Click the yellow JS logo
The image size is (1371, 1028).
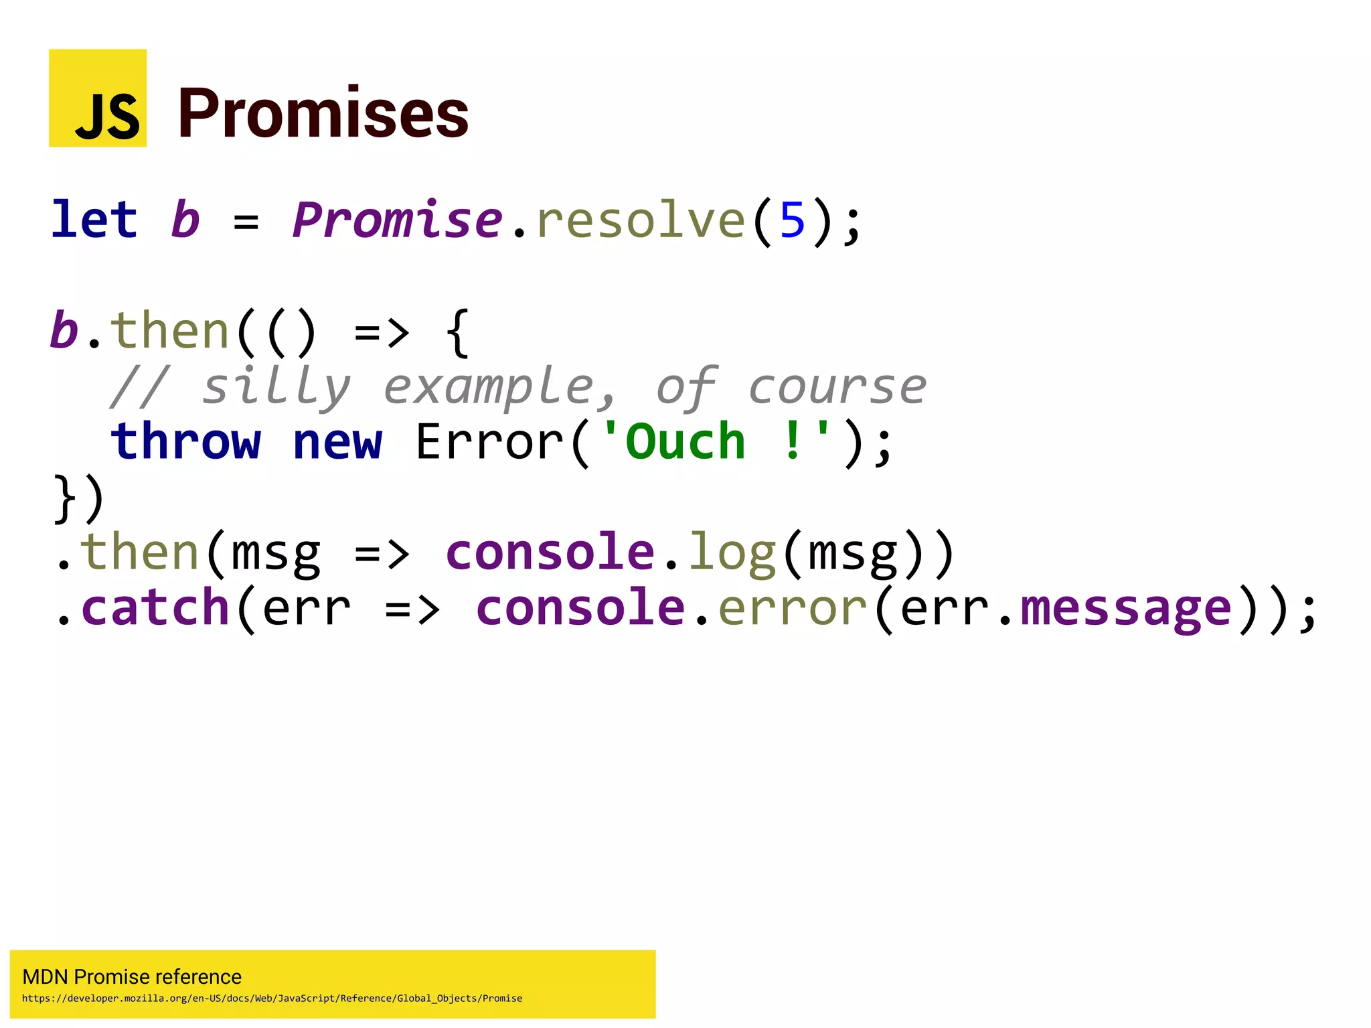[98, 98]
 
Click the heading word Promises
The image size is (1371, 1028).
[323, 114]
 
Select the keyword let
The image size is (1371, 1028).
[94, 220]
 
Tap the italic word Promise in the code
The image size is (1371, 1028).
[397, 220]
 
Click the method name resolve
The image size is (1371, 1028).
[641, 220]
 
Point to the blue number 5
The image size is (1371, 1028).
[792, 220]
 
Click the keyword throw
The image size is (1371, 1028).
[185, 442]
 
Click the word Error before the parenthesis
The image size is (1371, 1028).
[489, 442]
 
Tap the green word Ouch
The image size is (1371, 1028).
[685, 442]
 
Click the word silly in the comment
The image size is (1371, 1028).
[276, 386]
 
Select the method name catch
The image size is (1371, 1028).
[155, 607]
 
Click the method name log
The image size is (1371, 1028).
[732, 553]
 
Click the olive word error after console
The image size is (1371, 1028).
[793, 608]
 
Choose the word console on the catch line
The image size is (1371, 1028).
[580, 607]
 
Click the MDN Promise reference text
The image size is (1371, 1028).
[132, 977]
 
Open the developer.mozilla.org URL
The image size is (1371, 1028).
[272, 999]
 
